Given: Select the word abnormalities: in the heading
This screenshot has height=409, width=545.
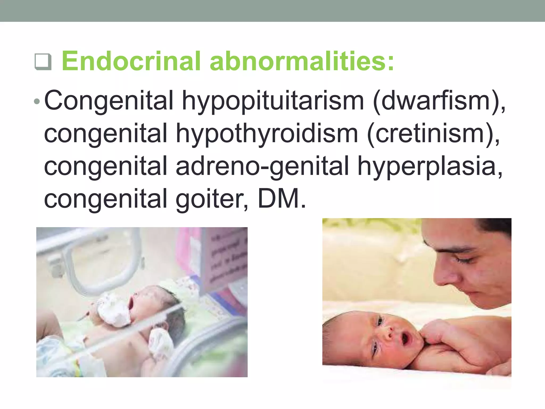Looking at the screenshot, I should (302, 61).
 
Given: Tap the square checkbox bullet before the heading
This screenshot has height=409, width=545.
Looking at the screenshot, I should (43, 62).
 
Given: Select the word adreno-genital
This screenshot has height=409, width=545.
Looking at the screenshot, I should (262, 166).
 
